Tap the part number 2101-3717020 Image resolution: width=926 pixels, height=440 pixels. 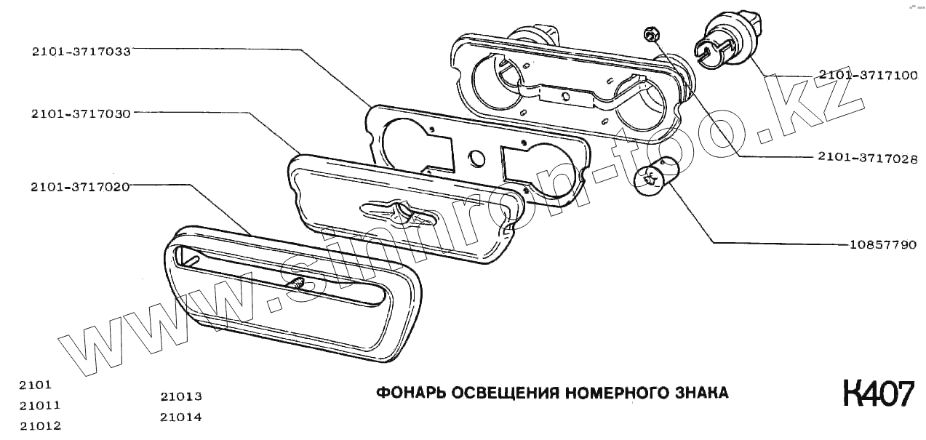(x=80, y=187)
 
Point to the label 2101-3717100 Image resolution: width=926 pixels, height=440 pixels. (x=867, y=75)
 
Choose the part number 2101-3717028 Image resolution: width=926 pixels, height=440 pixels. (x=867, y=157)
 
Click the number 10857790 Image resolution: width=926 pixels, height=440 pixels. (x=882, y=244)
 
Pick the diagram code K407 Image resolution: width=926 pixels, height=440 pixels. (x=877, y=393)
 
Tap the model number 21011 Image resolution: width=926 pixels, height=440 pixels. (x=40, y=405)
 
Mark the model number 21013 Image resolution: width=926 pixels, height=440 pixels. (x=181, y=397)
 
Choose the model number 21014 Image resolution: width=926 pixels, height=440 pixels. (x=181, y=417)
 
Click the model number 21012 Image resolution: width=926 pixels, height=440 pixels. (x=40, y=425)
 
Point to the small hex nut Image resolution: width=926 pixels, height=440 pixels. (x=651, y=33)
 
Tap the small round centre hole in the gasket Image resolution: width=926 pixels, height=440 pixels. (x=477, y=157)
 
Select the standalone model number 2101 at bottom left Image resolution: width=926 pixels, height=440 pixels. (x=36, y=385)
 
